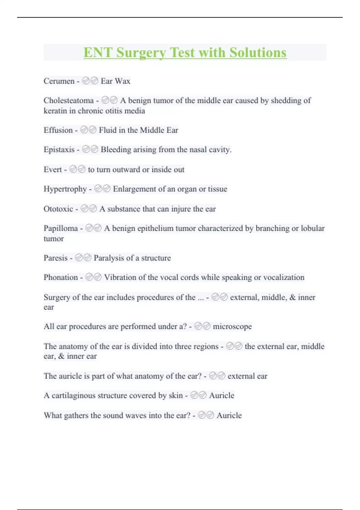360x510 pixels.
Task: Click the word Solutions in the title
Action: pos(258,53)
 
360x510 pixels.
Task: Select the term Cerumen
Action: pos(59,81)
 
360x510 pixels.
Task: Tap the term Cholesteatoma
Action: pos(68,100)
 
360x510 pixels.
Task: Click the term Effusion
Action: pos(58,130)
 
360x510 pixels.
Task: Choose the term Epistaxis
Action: pos(59,149)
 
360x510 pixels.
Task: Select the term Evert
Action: pos(53,169)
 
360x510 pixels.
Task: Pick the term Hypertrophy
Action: pos(65,189)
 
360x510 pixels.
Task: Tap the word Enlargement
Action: pos(134,189)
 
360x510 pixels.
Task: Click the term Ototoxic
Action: pos(58,209)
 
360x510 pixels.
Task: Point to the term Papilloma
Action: pos(61,228)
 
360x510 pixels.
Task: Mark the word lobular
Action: pos(313,228)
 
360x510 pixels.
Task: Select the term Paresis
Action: pos(55,258)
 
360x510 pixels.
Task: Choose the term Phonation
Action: pos(61,277)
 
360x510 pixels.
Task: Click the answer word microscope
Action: pos(232,326)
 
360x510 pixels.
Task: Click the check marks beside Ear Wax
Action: pos(90,81)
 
